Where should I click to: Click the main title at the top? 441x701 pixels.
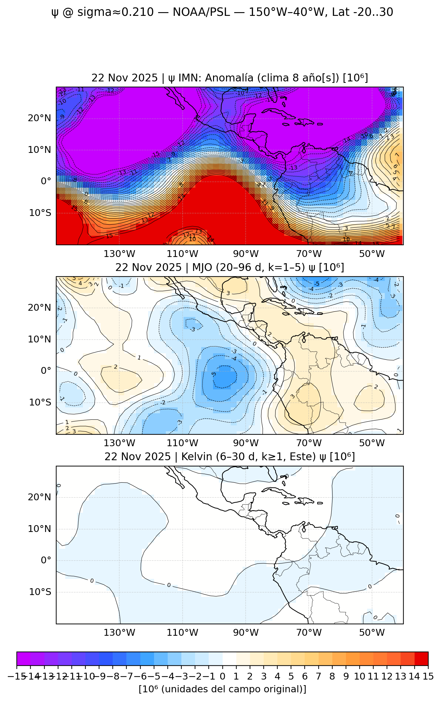pyautogui.click(x=222, y=12)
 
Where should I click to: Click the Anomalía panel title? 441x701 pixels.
pyautogui.click(x=230, y=78)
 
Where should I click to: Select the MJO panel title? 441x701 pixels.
pyautogui.click(x=230, y=267)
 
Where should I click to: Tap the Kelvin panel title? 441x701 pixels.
pyautogui.click(x=230, y=457)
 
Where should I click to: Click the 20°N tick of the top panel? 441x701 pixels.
pyautogui.click(x=39, y=118)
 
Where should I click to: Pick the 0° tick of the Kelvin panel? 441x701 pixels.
pyautogui.click(x=46, y=560)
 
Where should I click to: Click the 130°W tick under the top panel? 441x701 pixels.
pyautogui.click(x=120, y=254)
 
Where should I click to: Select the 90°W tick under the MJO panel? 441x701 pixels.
pyautogui.click(x=246, y=443)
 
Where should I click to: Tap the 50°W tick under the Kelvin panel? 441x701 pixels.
pyautogui.click(x=372, y=633)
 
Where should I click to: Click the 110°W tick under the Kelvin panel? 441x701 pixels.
pyautogui.click(x=183, y=633)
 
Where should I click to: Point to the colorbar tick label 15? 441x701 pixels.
pyautogui.click(x=428, y=676)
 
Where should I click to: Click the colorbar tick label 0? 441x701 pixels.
pyautogui.click(x=222, y=676)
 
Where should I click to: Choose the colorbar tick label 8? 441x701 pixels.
pyautogui.click(x=332, y=676)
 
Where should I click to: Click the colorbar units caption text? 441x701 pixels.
pyautogui.click(x=222, y=689)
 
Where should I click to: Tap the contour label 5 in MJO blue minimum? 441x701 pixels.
pyautogui.click(x=214, y=374)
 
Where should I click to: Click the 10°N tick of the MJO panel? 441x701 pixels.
pyautogui.click(x=39, y=339)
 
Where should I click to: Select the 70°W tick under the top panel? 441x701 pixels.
pyautogui.click(x=309, y=254)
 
